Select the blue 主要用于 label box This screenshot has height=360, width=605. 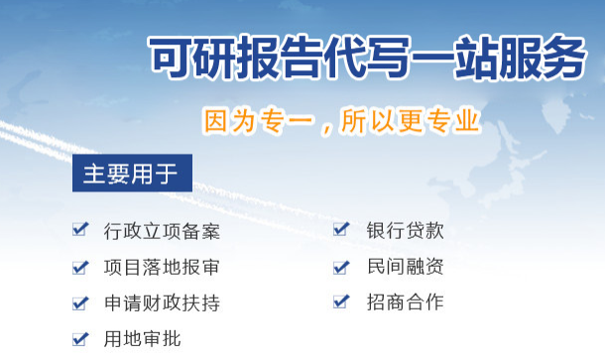131,175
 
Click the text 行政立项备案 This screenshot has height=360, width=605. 161,232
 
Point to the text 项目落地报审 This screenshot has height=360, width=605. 161,268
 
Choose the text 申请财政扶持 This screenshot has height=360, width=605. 161,303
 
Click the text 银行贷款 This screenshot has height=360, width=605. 405,231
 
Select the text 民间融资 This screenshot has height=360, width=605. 405,267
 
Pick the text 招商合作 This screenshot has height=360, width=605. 405,302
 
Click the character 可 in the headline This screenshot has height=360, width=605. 170,57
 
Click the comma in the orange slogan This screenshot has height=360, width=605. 325,128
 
